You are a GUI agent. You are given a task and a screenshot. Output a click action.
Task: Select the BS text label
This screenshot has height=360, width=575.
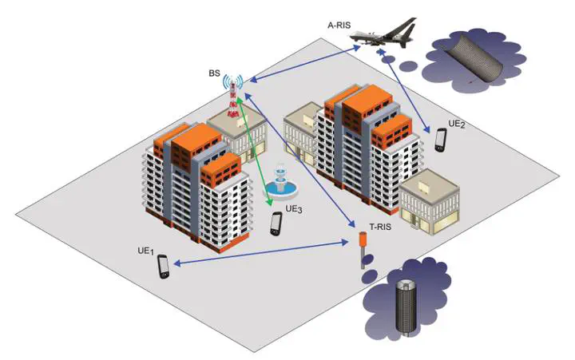pyautogui.click(x=214, y=74)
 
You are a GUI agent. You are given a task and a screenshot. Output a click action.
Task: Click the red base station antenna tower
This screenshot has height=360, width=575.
pyautogui.click(x=233, y=99)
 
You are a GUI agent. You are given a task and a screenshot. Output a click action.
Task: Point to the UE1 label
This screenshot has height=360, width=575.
pyautogui.click(x=145, y=251)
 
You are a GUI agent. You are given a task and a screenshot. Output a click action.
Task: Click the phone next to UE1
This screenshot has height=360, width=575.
pyautogui.click(x=164, y=266)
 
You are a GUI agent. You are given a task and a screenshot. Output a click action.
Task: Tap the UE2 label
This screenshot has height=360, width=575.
pyautogui.click(x=456, y=124)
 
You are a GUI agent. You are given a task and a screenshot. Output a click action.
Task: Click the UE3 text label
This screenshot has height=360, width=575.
pyautogui.click(x=293, y=209)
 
